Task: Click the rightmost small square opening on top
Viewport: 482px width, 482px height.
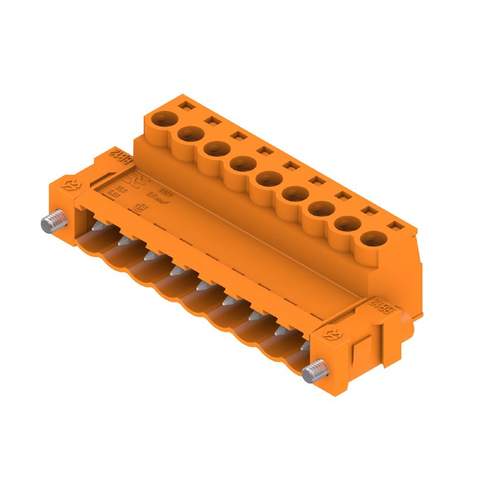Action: pyautogui.click(x=395, y=227)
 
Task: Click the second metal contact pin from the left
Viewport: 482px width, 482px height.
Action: pyautogui.click(x=124, y=240)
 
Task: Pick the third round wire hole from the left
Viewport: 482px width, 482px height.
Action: pyautogui.click(x=216, y=147)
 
